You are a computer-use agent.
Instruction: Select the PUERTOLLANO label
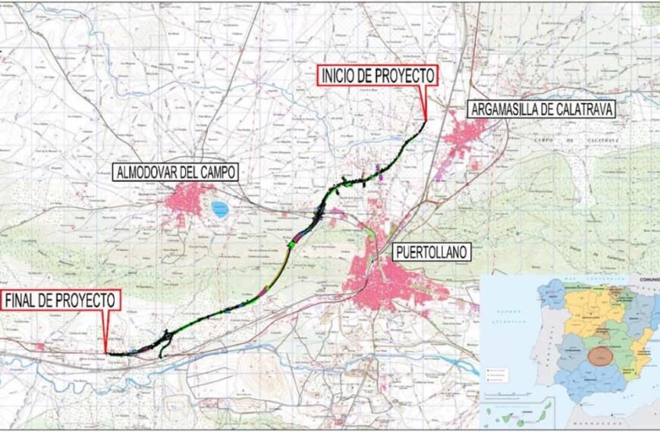click(x=432, y=251)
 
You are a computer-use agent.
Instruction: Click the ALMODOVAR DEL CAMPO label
click(x=175, y=172)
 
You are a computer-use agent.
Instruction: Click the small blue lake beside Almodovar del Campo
click(x=219, y=208)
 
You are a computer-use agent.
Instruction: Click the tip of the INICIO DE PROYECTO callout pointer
click(x=426, y=120)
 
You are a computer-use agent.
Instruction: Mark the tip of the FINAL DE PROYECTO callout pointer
click(x=107, y=353)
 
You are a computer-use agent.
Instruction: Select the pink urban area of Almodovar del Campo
click(x=186, y=200)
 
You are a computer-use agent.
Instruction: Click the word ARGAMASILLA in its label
click(x=504, y=109)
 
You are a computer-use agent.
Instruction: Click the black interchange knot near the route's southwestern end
click(x=163, y=343)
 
